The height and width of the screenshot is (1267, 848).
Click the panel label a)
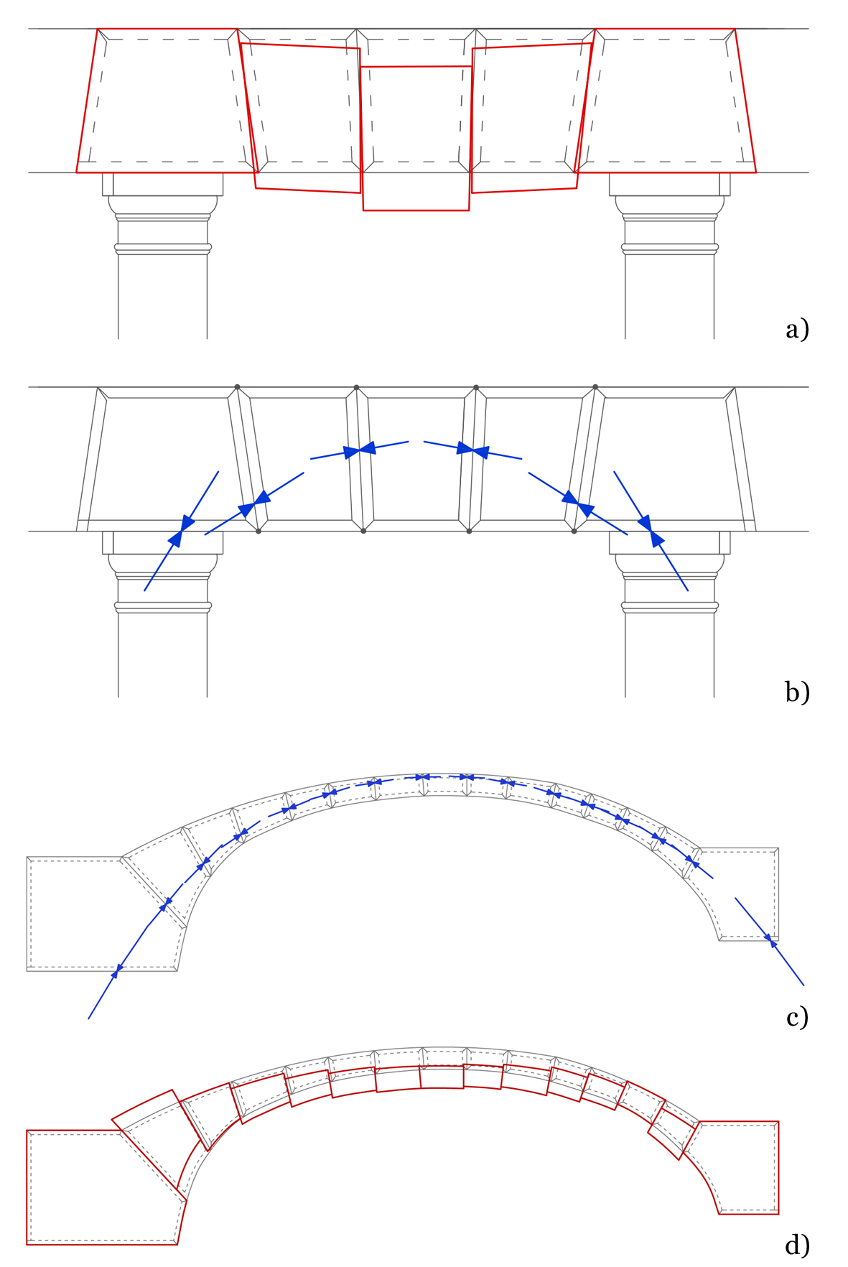click(x=797, y=329)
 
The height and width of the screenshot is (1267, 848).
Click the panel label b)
click(x=797, y=691)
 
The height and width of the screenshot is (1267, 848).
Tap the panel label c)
click(x=797, y=1017)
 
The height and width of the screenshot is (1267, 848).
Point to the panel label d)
click(x=797, y=1243)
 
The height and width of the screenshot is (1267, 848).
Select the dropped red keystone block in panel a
click(x=416, y=138)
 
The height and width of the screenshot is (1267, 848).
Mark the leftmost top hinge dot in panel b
click(x=237, y=387)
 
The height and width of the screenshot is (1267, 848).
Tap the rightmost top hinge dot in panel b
click(x=595, y=387)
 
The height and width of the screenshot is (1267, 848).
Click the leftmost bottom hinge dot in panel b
click(x=258, y=532)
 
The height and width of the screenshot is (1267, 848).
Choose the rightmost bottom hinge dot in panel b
click(x=574, y=532)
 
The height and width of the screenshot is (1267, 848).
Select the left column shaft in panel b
click(x=163, y=654)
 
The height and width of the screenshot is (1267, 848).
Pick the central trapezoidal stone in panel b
click(x=416, y=460)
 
